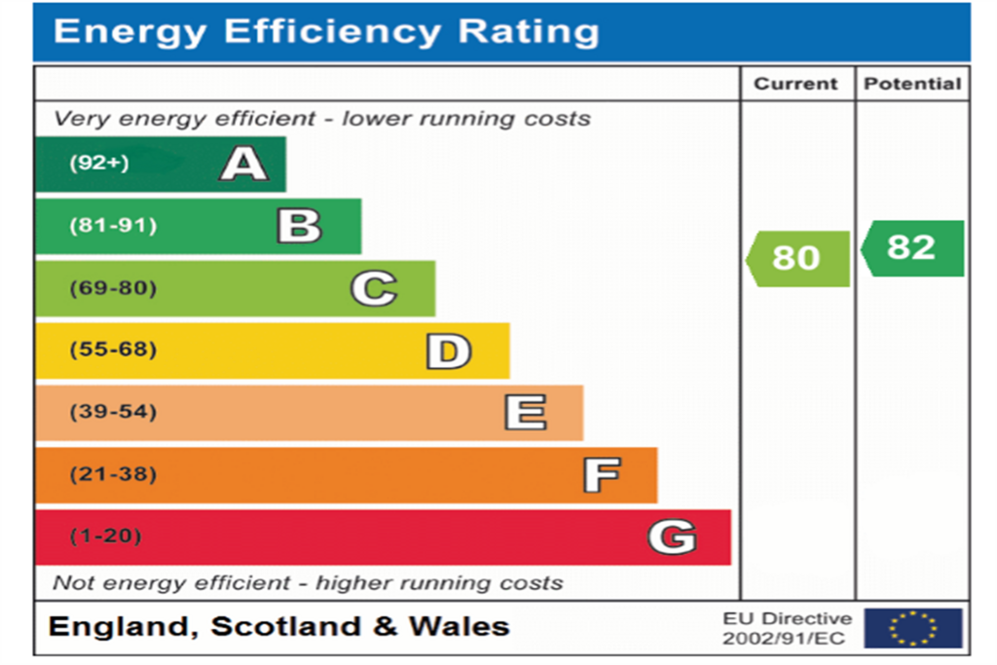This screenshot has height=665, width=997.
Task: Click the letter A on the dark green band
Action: (x=244, y=164)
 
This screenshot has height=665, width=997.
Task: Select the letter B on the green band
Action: (x=300, y=226)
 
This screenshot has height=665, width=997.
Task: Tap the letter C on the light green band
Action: (x=374, y=288)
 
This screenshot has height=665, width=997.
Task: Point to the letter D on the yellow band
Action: (x=449, y=351)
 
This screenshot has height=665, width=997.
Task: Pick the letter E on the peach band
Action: (x=526, y=412)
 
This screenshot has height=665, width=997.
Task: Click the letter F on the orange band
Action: (x=602, y=475)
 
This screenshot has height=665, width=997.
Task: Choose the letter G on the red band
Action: (x=673, y=536)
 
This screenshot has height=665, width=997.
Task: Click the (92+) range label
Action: (x=99, y=163)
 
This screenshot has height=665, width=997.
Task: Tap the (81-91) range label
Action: (x=113, y=225)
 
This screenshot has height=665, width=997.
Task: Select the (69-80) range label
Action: (x=113, y=288)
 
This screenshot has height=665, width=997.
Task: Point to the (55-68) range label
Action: (x=113, y=349)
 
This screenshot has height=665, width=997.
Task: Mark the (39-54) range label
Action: (x=113, y=411)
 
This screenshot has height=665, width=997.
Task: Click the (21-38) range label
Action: (x=113, y=473)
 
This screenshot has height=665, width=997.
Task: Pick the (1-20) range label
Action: (x=105, y=536)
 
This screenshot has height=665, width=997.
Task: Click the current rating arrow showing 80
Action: (x=797, y=259)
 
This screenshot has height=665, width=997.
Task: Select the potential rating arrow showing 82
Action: (x=912, y=248)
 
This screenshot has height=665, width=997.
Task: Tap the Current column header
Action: (x=795, y=84)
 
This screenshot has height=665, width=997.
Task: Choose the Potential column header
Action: (x=912, y=84)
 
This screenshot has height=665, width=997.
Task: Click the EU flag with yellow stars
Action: (x=913, y=628)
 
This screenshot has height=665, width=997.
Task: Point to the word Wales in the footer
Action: (x=460, y=626)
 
